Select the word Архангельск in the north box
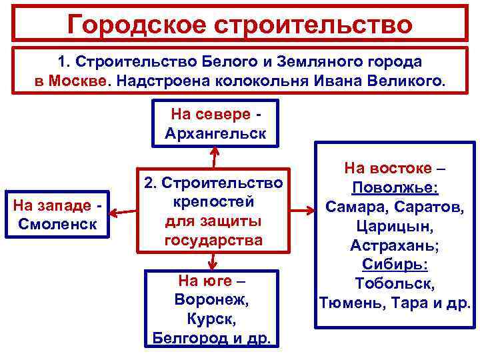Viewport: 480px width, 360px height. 215,133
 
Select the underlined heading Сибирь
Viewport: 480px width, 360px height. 395,265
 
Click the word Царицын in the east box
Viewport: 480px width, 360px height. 395,226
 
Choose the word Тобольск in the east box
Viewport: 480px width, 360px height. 395,284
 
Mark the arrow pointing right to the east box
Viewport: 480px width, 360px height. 303,211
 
